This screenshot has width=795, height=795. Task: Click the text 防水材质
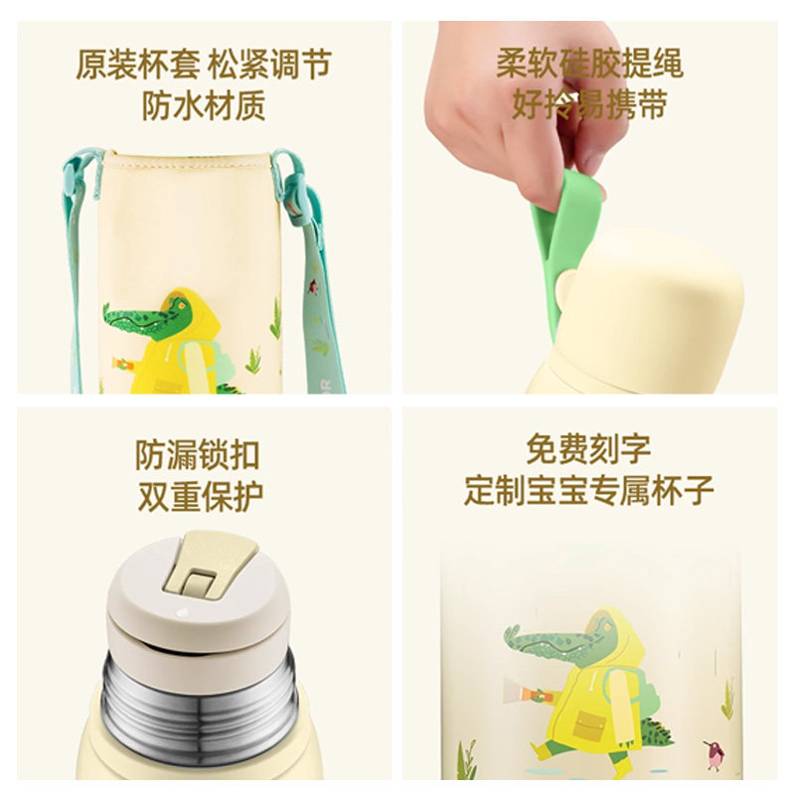[204, 105]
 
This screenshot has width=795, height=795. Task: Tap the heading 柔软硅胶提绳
[589, 66]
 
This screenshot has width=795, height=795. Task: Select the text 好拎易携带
[589, 105]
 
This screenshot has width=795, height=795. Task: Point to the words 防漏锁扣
[198, 454]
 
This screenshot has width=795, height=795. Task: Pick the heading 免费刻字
[589, 449]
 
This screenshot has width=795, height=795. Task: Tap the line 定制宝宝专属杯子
[589, 490]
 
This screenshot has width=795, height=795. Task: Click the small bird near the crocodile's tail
[712, 757]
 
